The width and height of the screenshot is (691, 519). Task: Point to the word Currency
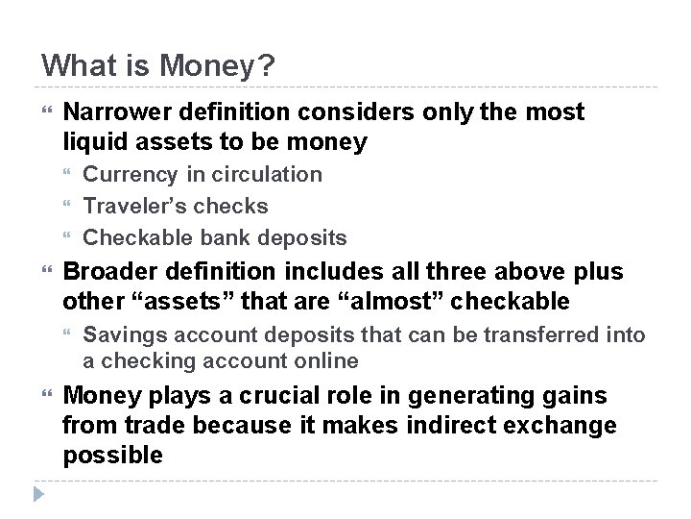130,174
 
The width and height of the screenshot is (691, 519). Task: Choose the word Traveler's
133,206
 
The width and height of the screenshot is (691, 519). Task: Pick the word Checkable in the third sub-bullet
136,236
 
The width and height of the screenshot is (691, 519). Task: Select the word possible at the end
112,455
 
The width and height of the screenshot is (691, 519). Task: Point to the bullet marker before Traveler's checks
68,206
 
